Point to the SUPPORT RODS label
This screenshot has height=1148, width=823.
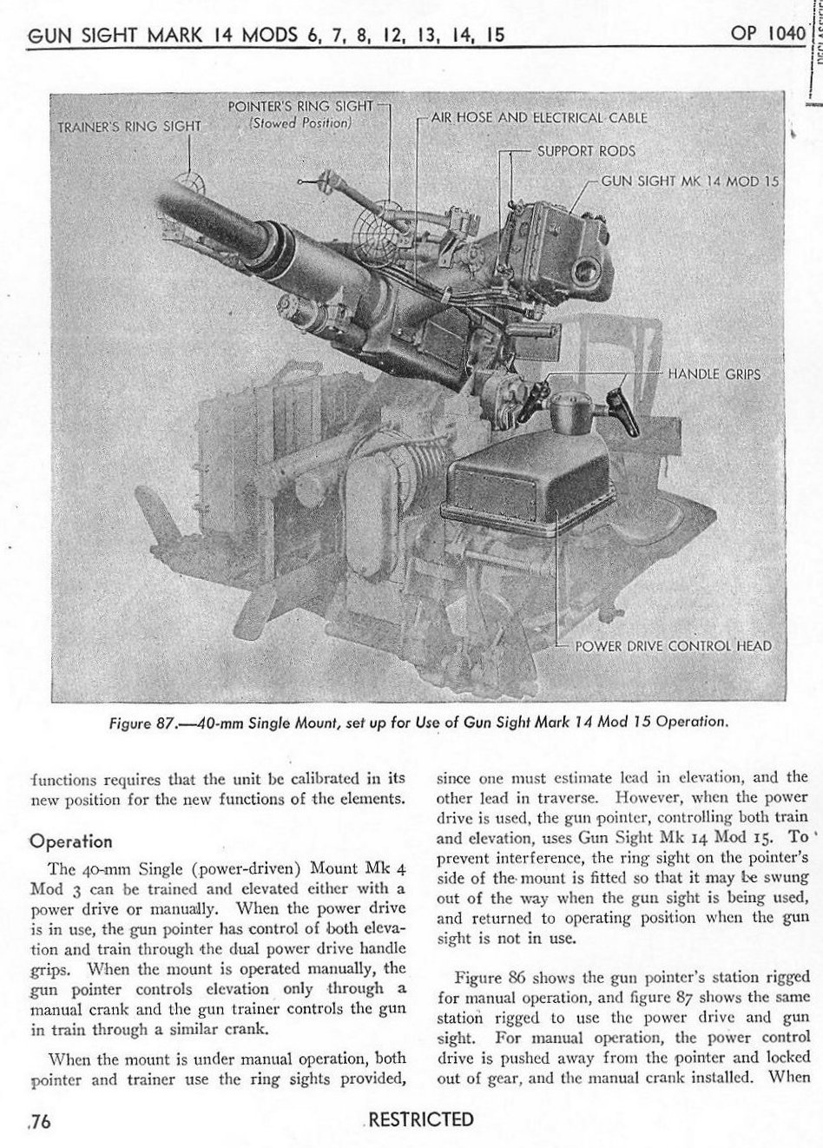coord(586,150)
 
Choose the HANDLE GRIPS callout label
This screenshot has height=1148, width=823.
coord(714,374)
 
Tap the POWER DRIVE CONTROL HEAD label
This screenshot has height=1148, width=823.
coord(673,645)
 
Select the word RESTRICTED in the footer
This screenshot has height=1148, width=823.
coord(421,1119)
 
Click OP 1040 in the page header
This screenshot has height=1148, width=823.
coord(769,36)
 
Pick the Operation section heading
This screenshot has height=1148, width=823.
coord(70,841)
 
